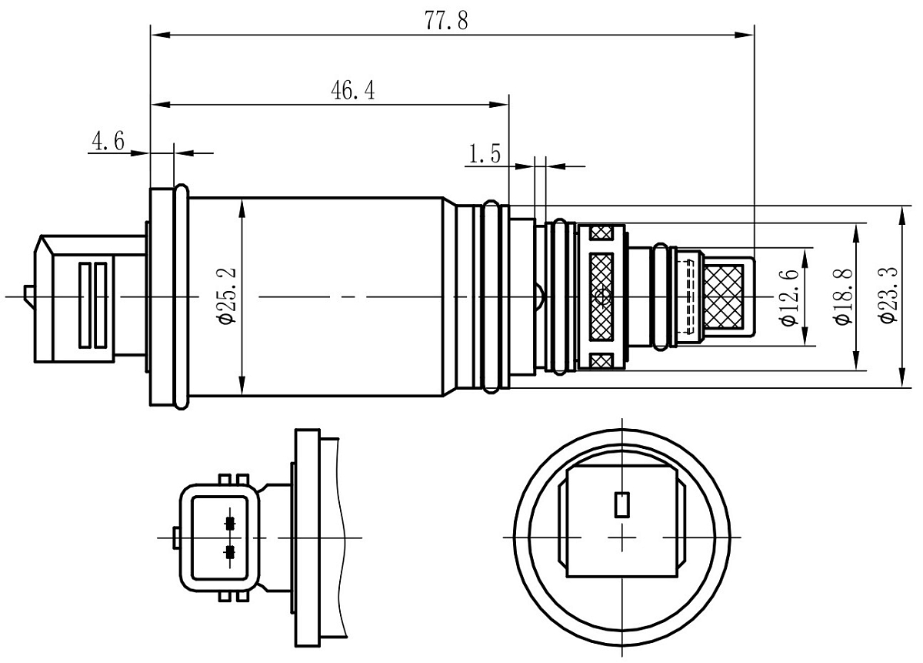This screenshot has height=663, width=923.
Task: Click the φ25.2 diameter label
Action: tap(227, 296)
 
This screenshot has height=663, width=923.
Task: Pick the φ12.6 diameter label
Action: tap(788, 296)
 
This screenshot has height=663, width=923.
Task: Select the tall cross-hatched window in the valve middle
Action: tap(601, 296)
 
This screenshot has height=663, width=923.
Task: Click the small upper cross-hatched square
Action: tap(601, 232)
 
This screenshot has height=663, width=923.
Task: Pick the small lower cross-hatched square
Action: tap(601, 360)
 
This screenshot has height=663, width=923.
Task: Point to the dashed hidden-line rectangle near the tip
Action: tap(689, 296)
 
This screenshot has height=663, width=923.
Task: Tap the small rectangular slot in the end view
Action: tap(621, 504)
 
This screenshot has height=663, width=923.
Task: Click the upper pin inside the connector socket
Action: tap(228, 524)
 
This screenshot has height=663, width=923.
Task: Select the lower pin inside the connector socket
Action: tap(228, 551)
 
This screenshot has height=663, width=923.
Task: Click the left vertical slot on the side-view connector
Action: tap(85, 305)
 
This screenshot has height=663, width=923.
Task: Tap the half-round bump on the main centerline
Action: tap(541, 296)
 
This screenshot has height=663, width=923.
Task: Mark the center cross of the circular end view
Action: tap(621, 537)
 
